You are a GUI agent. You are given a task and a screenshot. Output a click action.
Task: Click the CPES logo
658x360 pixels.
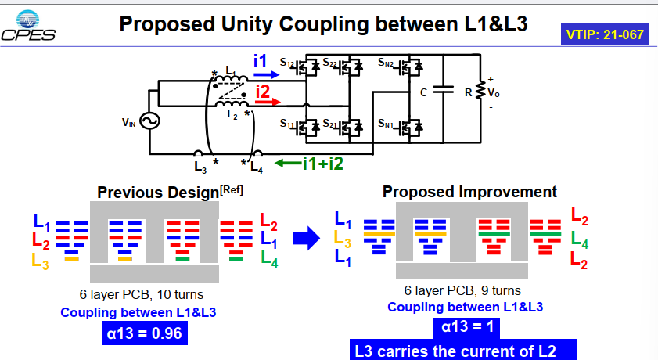(x=28, y=26)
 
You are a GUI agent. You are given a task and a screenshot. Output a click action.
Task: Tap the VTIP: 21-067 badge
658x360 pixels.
(x=605, y=34)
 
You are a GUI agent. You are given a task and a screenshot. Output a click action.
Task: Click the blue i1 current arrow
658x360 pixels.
(x=267, y=75)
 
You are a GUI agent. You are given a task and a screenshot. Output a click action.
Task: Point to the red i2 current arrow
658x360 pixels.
(x=268, y=102)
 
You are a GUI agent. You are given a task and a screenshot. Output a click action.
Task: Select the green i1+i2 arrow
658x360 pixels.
(x=288, y=164)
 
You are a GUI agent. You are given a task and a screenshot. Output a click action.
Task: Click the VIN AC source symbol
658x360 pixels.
(x=149, y=121)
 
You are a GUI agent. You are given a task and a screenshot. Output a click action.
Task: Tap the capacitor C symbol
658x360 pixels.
(x=443, y=89)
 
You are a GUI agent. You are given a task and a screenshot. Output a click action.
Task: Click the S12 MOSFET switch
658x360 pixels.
(x=307, y=67)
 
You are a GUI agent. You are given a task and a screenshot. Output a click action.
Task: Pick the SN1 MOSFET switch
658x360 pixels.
(x=409, y=128)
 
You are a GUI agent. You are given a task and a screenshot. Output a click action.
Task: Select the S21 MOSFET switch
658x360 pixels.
(x=350, y=128)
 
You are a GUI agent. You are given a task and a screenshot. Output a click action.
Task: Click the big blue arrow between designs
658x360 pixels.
(x=307, y=239)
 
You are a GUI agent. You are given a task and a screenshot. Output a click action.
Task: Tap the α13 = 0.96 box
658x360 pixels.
(x=145, y=333)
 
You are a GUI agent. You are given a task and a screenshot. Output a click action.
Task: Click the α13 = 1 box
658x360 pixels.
(x=466, y=327)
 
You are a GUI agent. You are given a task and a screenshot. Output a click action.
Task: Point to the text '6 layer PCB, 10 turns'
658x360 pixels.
(x=142, y=294)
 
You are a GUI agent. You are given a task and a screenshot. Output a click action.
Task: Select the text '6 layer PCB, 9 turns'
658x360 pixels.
(x=462, y=290)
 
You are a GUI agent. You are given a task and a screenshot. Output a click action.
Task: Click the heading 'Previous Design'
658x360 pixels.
(x=158, y=193)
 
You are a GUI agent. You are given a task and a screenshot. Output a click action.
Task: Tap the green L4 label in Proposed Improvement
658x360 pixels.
(x=580, y=240)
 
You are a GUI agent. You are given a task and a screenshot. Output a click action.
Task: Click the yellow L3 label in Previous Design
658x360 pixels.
(x=40, y=261)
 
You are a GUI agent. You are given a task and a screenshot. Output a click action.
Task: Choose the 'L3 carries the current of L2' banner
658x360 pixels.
(x=463, y=350)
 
